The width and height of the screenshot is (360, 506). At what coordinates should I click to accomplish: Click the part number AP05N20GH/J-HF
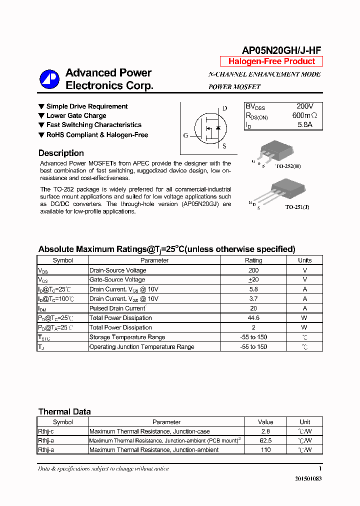[x=281, y=50]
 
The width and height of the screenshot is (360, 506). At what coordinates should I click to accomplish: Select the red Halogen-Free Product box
[x=271, y=61]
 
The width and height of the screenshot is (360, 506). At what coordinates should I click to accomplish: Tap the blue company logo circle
[x=49, y=79]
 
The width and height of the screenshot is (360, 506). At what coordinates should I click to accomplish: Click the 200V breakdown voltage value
[x=305, y=106]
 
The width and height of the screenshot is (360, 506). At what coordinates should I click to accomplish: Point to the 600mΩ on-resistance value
[x=305, y=115]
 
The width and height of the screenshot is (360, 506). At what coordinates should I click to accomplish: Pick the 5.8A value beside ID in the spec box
[x=304, y=124]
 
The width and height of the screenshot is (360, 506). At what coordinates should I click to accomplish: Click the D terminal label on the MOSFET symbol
[x=224, y=108]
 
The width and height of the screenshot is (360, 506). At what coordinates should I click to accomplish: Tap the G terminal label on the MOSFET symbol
[x=185, y=135]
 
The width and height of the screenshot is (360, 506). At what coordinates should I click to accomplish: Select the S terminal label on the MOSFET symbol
[x=224, y=146]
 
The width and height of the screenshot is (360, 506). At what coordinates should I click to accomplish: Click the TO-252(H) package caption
[x=288, y=166]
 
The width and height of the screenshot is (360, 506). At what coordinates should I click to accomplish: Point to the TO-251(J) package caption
[x=297, y=207]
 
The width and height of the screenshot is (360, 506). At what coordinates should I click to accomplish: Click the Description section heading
[x=61, y=153]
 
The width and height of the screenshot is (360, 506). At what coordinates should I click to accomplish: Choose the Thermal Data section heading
[x=64, y=412]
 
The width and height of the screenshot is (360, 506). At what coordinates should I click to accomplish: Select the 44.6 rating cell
[x=253, y=318]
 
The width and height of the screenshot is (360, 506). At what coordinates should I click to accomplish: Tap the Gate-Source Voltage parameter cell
[x=117, y=280]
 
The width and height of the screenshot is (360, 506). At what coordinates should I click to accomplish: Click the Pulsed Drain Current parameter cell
[x=117, y=308]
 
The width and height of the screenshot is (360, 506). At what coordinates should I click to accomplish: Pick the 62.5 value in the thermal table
[x=265, y=440]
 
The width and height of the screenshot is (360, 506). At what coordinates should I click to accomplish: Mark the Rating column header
[x=253, y=260]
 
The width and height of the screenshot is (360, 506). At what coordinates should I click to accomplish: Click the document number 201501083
[x=308, y=478]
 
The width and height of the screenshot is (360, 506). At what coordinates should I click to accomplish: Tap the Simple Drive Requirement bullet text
[x=87, y=106]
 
